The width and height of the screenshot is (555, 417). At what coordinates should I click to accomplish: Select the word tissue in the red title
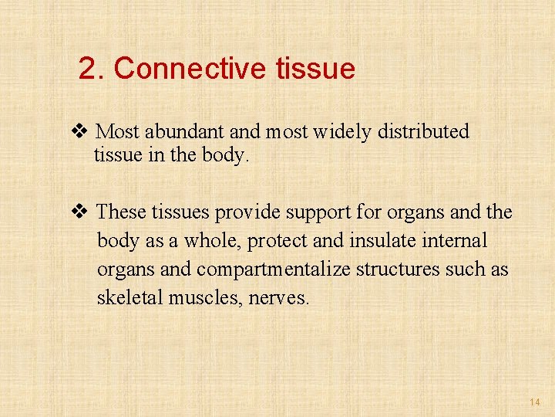click(314, 69)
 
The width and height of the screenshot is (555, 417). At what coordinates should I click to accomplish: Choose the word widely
click(343, 132)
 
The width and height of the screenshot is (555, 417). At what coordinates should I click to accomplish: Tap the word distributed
click(423, 132)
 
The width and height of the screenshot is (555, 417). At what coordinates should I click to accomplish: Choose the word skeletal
click(125, 298)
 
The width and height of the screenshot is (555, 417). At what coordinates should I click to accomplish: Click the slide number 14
click(535, 402)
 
